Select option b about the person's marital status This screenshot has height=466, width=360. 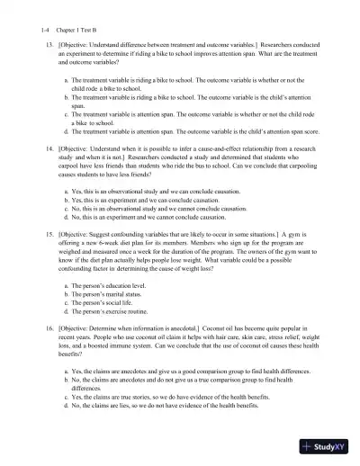click(x=107, y=298)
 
